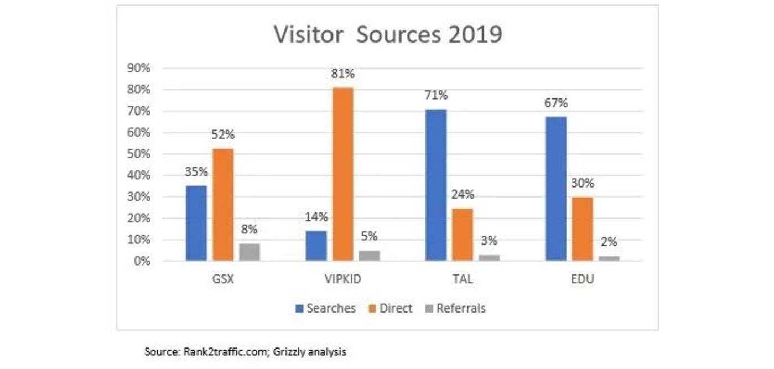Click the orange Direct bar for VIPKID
click(343, 174)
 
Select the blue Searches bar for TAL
click(436, 185)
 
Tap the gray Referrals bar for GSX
click(250, 252)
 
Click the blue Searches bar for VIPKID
click(316, 246)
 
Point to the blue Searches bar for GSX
click(196, 223)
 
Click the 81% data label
click(343, 74)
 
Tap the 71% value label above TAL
click(436, 96)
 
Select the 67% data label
click(555, 103)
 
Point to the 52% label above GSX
click(223, 135)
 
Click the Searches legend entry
click(325, 309)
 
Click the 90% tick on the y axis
click(139, 69)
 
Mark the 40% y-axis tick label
click(139, 176)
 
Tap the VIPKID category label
click(342, 279)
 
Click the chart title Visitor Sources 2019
click(387, 35)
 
